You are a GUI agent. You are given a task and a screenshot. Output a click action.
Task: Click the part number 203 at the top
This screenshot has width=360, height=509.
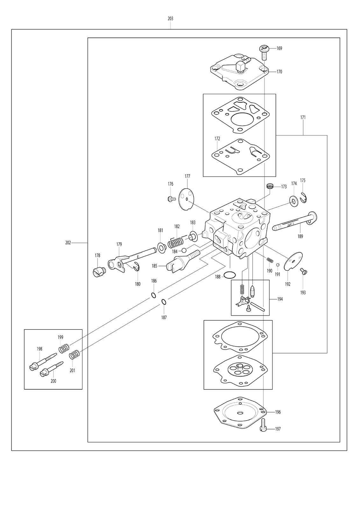[170, 19]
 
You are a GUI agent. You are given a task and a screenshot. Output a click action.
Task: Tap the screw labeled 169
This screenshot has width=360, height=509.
[264, 52]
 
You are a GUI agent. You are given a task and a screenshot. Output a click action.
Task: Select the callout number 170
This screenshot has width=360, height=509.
[279, 72]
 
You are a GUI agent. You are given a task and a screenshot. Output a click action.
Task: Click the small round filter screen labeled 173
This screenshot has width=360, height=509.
[270, 186]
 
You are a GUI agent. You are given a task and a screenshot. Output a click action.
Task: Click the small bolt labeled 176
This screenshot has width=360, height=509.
[172, 199]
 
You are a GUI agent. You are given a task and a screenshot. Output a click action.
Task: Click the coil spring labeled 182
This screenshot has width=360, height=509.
[176, 242]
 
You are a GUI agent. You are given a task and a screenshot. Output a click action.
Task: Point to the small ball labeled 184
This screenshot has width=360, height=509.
[184, 250]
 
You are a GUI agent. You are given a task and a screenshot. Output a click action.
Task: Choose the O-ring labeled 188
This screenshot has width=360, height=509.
[230, 275]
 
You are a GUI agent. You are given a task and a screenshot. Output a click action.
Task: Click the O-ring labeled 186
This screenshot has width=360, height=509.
[154, 295]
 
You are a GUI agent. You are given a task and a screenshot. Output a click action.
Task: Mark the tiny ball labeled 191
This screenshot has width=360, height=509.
[278, 265]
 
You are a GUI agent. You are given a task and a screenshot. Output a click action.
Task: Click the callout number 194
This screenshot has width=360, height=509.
[280, 299]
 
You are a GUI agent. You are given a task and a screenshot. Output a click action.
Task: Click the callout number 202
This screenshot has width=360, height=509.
[68, 243]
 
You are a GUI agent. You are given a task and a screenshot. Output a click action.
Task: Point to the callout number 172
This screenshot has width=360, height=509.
[217, 139]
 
